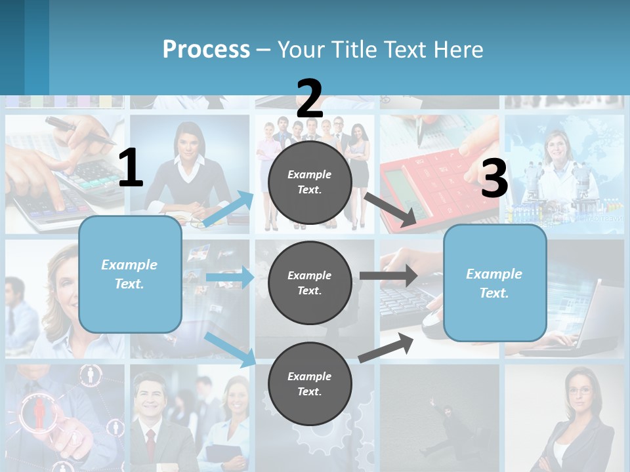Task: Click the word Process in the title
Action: point(206,49)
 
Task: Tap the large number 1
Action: point(131,168)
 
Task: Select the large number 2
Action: point(310,99)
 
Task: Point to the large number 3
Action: point(494,178)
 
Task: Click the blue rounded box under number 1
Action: point(130,274)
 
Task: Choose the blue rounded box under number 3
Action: point(495,283)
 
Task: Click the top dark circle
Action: point(310,182)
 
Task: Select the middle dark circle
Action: point(310,283)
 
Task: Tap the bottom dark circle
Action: point(310,383)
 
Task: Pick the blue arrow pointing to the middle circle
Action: point(230,277)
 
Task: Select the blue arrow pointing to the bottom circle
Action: point(230,349)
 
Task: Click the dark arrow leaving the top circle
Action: point(389,209)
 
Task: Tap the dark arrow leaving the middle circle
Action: point(388,275)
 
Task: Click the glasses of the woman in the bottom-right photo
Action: point(579,391)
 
